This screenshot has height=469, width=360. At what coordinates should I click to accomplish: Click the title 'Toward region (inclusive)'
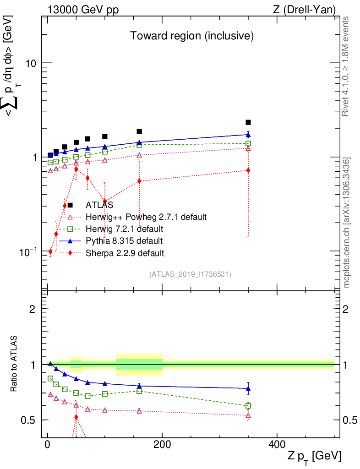tap(192, 36)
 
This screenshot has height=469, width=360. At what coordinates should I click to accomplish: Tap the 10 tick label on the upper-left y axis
tap(31, 63)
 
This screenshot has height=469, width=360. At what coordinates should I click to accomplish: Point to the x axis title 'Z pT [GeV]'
tap(314, 456)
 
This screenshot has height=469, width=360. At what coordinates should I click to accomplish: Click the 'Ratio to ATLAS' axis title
tap(15, 365)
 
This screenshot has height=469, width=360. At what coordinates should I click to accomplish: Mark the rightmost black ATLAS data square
tap(248, 122)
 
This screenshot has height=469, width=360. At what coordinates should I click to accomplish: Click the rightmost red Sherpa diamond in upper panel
tap(248, 170)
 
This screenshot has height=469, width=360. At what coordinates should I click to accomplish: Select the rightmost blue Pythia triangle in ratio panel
tap(248, 388)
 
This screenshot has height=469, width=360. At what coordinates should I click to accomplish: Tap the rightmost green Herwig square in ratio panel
tap(248, 406)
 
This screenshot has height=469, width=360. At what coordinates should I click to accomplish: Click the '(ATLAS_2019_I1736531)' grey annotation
tap(190, 274)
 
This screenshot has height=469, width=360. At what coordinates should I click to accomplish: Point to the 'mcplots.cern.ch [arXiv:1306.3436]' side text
tap(347, 223)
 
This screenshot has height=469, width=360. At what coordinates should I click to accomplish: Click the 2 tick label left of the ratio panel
tap(33, 309)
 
